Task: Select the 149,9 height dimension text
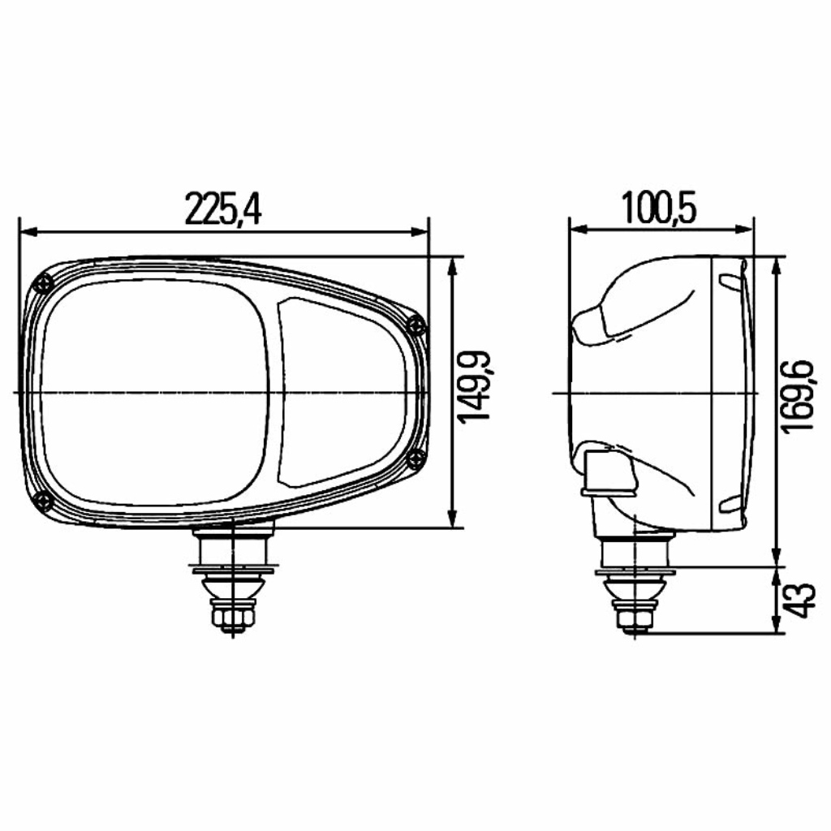[x=474, y=386]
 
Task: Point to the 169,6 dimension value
[x=799, y=396]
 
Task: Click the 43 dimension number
[x=799, y=600]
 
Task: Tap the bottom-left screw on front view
[x=42, y=501]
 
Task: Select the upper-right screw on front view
[x=415, y=324]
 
